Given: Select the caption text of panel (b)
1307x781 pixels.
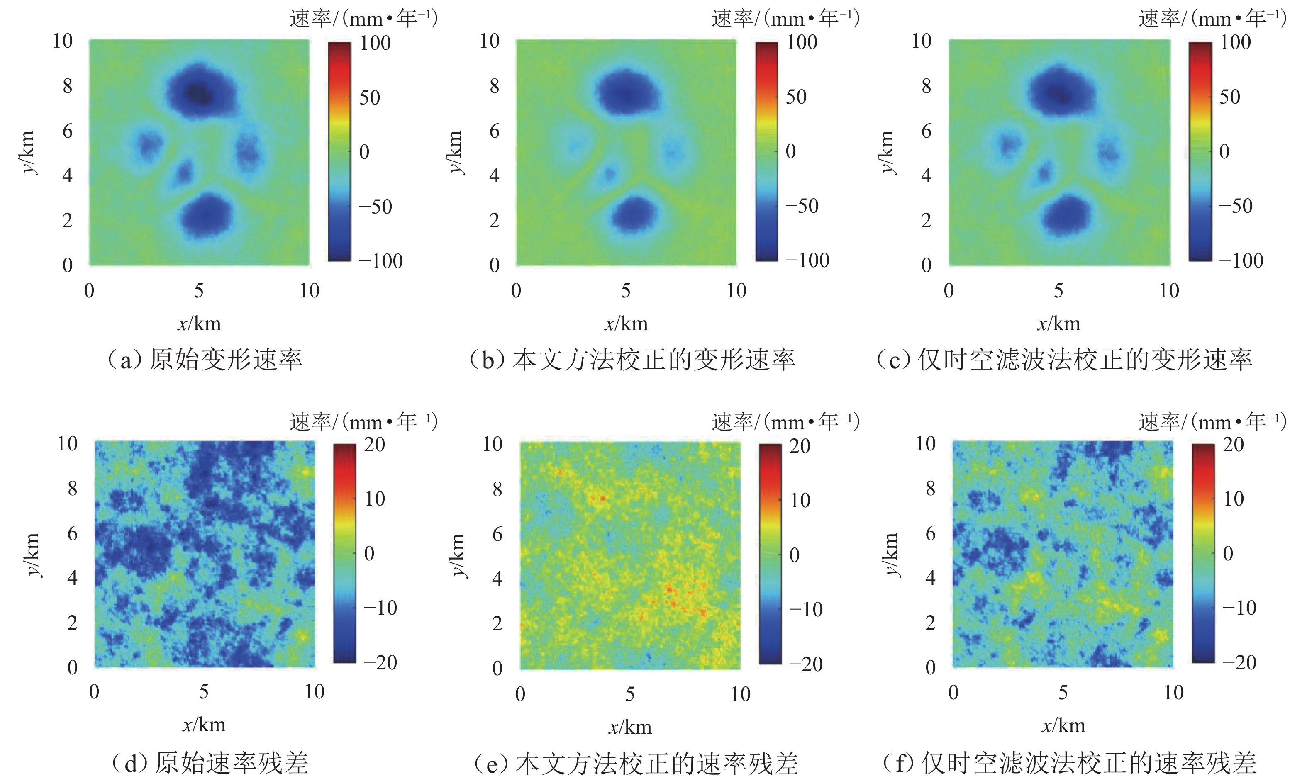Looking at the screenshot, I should [x=632, y=360].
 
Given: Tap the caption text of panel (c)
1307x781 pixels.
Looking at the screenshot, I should [x=1063, y=360].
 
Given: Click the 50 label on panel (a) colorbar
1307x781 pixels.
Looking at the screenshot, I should [x=370, y=98].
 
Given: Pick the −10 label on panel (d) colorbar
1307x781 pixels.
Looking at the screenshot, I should [x=380, y=608].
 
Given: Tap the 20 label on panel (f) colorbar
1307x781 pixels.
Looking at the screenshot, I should [x=1233, y=445].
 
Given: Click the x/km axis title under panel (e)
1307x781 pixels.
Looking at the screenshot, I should [x=630, y=727].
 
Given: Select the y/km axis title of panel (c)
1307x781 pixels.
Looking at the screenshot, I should [x=888, y=152].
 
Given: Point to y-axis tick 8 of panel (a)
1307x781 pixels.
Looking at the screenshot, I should [x=67, y=86].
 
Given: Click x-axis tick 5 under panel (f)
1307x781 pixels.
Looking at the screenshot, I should [x=1063, y=693].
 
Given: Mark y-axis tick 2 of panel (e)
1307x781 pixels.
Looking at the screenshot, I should [x=497, y=624].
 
